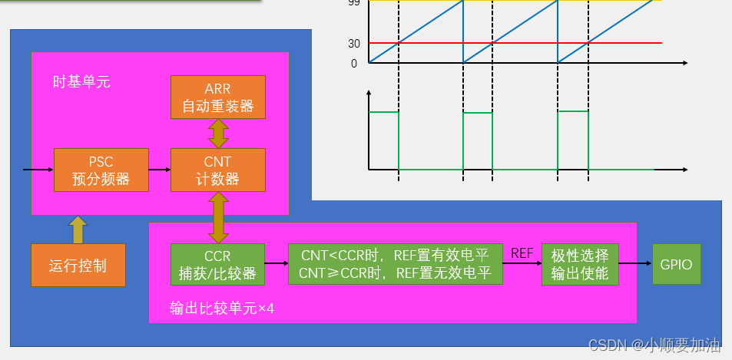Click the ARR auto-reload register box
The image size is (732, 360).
(x=217, y=97)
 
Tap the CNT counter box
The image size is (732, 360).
(x=217, y=170)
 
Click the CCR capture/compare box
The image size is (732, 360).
(x=217, y=264)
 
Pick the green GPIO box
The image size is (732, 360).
(x=677, y=264)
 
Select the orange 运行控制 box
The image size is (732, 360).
(x=78, y=266)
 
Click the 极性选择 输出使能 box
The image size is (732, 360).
(x=580, y=264)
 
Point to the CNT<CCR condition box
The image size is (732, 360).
(x=395, y=264)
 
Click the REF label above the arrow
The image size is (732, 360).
(x=522, y=253)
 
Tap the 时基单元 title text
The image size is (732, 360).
(x=81, y=81)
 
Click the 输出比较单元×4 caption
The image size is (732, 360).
(x=222, y=309)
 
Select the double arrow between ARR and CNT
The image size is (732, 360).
(x=218, y=134)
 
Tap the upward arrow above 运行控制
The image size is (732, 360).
(x=78, y=230)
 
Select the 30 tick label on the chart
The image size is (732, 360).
(x=353, y=44)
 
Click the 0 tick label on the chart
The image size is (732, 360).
(x=354, y=64)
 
